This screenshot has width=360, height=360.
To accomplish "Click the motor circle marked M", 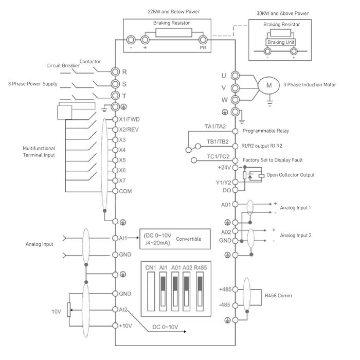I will (x=268, y=85).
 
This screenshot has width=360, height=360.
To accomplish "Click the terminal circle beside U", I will (x=235, y=75).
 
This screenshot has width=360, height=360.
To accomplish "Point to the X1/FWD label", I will (x=130, y=119).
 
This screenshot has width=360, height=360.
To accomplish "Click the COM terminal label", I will (x=126, y=191).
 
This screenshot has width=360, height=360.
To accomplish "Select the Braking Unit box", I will (x=281, y=42).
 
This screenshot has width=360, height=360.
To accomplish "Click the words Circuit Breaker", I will (x=63, y=66).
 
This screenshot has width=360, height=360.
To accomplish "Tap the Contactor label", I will (x=90, y=61).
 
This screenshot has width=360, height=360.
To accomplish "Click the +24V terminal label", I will (x=224, y=167).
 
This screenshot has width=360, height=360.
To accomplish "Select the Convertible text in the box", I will (x=188, y=239).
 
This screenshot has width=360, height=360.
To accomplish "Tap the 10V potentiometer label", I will (x=56, y=312).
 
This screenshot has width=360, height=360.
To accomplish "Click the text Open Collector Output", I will (x=291, y=175).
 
